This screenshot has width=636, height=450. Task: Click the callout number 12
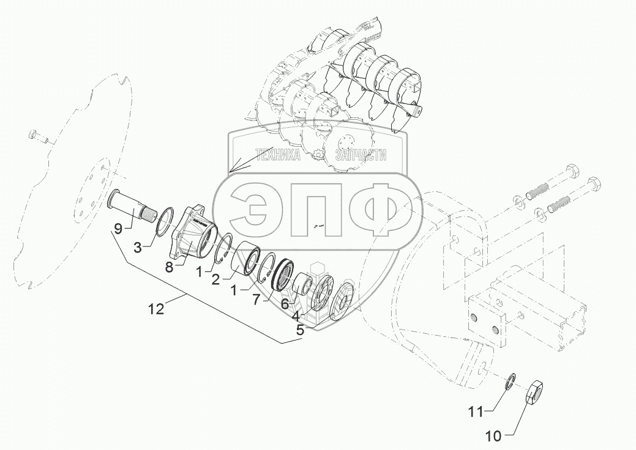(157, 309)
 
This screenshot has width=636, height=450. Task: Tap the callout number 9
(118, 229)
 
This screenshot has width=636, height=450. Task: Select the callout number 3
(138, 248)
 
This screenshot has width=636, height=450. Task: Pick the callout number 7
(256, 300)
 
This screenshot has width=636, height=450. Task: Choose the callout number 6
(285, 303)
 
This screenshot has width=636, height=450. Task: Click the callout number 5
(300, 330)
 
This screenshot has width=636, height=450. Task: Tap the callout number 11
(476, 412)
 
